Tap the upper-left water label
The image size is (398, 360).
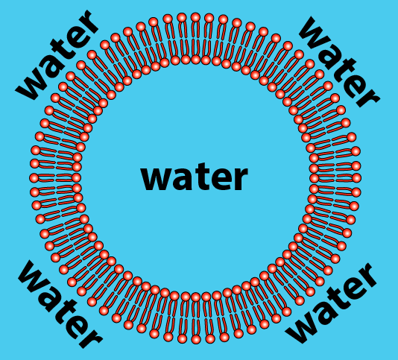click(x=57, y=54)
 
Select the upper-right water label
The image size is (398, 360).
click(x=339, y=61)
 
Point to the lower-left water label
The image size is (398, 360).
click(x=60, y=304)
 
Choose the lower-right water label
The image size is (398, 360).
click(x=331, y=303)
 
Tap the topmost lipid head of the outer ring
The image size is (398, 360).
click(x=195, y=18)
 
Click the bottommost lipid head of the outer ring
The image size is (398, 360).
click(x=196, y=339)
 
